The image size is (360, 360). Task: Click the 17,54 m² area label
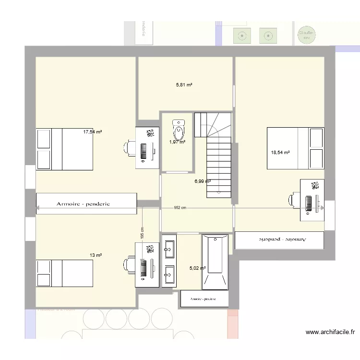[93, 132]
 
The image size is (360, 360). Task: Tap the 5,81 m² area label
[184, 85]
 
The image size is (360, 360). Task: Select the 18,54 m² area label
[280, 153]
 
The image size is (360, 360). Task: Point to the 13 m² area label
[96, 255]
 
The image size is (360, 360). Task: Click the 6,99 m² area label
[203, 181]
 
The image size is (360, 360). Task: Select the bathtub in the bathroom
[214, 262]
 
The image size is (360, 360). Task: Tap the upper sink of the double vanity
[169, 247]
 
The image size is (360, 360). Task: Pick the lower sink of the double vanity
[169, 275]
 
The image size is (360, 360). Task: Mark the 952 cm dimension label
[180, 208]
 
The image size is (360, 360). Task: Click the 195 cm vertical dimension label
[142, 233]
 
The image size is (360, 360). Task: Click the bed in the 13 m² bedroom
[64, 274]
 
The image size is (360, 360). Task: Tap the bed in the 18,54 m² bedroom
[295, 148]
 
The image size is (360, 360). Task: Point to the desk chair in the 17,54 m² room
[130, 148]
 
